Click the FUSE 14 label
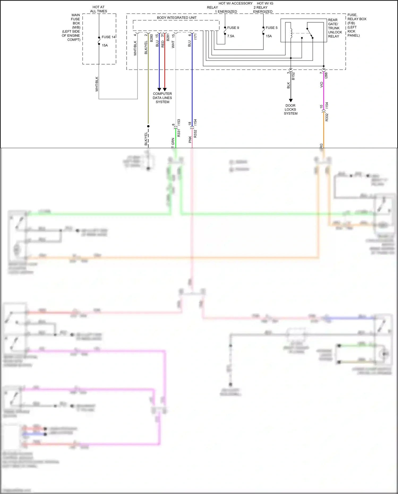(108, 37)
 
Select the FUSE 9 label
(233, 28)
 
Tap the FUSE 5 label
(271, 28)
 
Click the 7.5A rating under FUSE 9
(230, 36)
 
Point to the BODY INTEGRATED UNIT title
(177, 18)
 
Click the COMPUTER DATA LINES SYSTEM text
(162, 98)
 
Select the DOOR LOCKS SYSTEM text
(290, 109)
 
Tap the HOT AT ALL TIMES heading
(99, 9)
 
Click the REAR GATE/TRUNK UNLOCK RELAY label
(335, 28)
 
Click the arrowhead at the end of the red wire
(165, 89)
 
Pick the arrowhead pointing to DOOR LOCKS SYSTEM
(291, 100)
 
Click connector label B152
(293, 76)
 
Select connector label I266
(326, 75)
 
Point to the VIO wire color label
(322, 85)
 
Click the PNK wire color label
(190, 140)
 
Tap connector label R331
(179, 133)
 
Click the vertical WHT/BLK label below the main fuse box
(97, 84)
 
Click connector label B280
(151, 38)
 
